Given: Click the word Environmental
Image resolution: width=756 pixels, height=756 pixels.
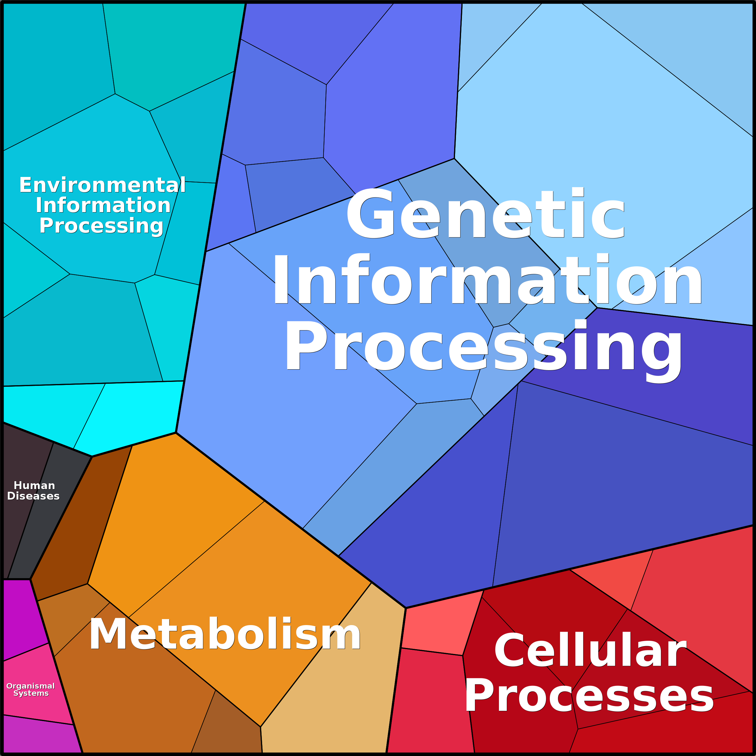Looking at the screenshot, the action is pyautogui.click(x=103, y=185).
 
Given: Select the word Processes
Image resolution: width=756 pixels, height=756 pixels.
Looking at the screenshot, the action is pyautogui.click(x=589, y=696).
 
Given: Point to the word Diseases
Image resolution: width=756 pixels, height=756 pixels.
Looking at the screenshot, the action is pyautogui.click(x=33, y=496).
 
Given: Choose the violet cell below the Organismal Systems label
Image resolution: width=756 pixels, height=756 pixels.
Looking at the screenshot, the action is pyautogui.click(x=39, y=736).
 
